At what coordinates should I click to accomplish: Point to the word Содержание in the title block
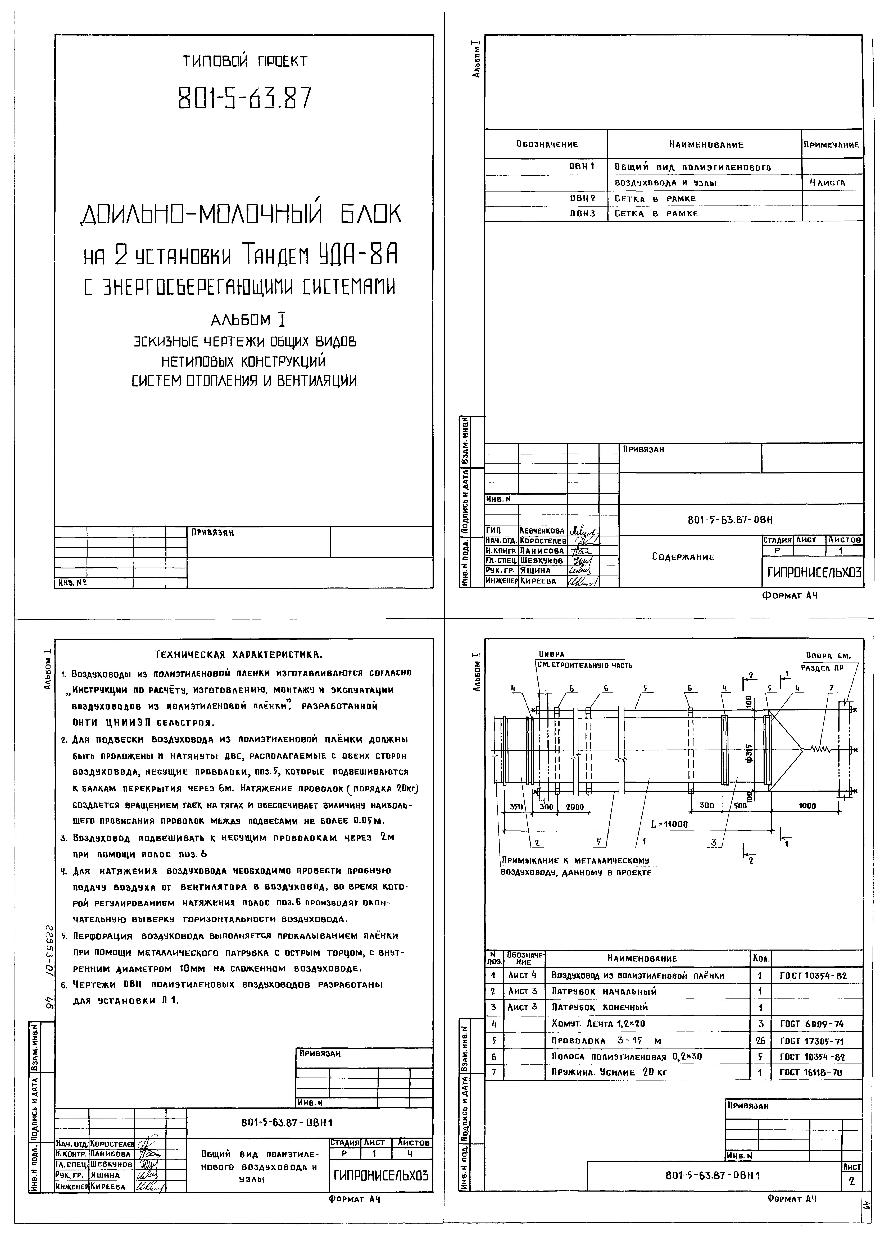(682, 557)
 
